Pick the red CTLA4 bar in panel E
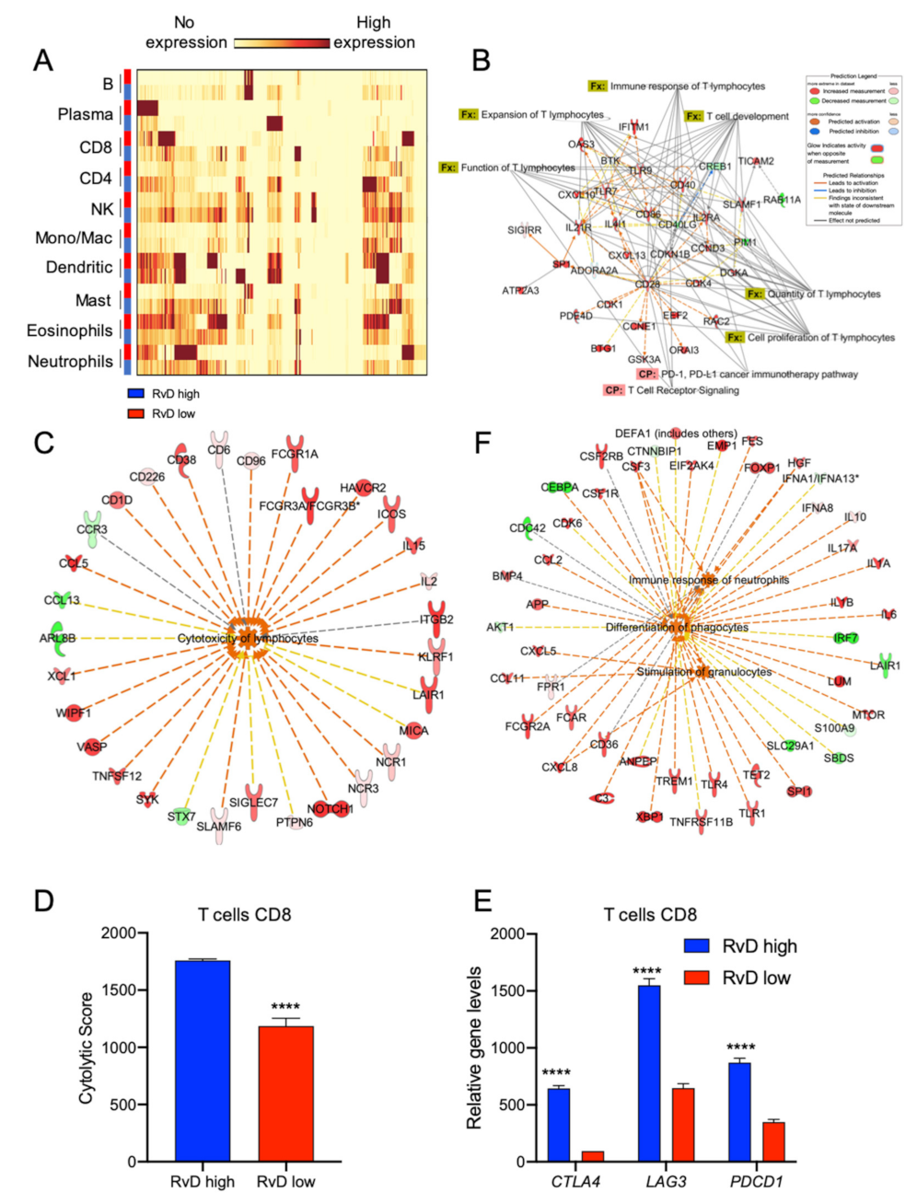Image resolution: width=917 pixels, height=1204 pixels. [x=592, y=1156]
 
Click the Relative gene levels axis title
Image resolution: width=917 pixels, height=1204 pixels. [x=475, y=1048]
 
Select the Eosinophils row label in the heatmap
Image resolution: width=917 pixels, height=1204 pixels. [x=70, y=330]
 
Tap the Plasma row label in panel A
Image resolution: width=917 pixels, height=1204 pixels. [x=86, y=115]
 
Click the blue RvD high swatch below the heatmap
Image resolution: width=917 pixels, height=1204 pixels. [x=135, y=394]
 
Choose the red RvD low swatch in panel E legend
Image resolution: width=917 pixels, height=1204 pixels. [x=697, y=978]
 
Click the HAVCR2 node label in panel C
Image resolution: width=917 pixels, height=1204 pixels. [x=363, y=488]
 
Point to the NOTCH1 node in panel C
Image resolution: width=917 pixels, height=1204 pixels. [x=330, y=809]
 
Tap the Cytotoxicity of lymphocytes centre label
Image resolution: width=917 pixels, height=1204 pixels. [x=248, y=638]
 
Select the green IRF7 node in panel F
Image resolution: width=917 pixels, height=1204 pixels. [x=845, y=638]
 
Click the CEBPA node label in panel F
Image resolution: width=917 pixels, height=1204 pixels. [x=559, y=488]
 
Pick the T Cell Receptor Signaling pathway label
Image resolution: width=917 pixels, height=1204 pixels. [x=683, y=390]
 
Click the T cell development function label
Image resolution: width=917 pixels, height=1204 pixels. [x=747, y=117]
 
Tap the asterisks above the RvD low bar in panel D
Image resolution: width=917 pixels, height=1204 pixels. [x=285, y=1007]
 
